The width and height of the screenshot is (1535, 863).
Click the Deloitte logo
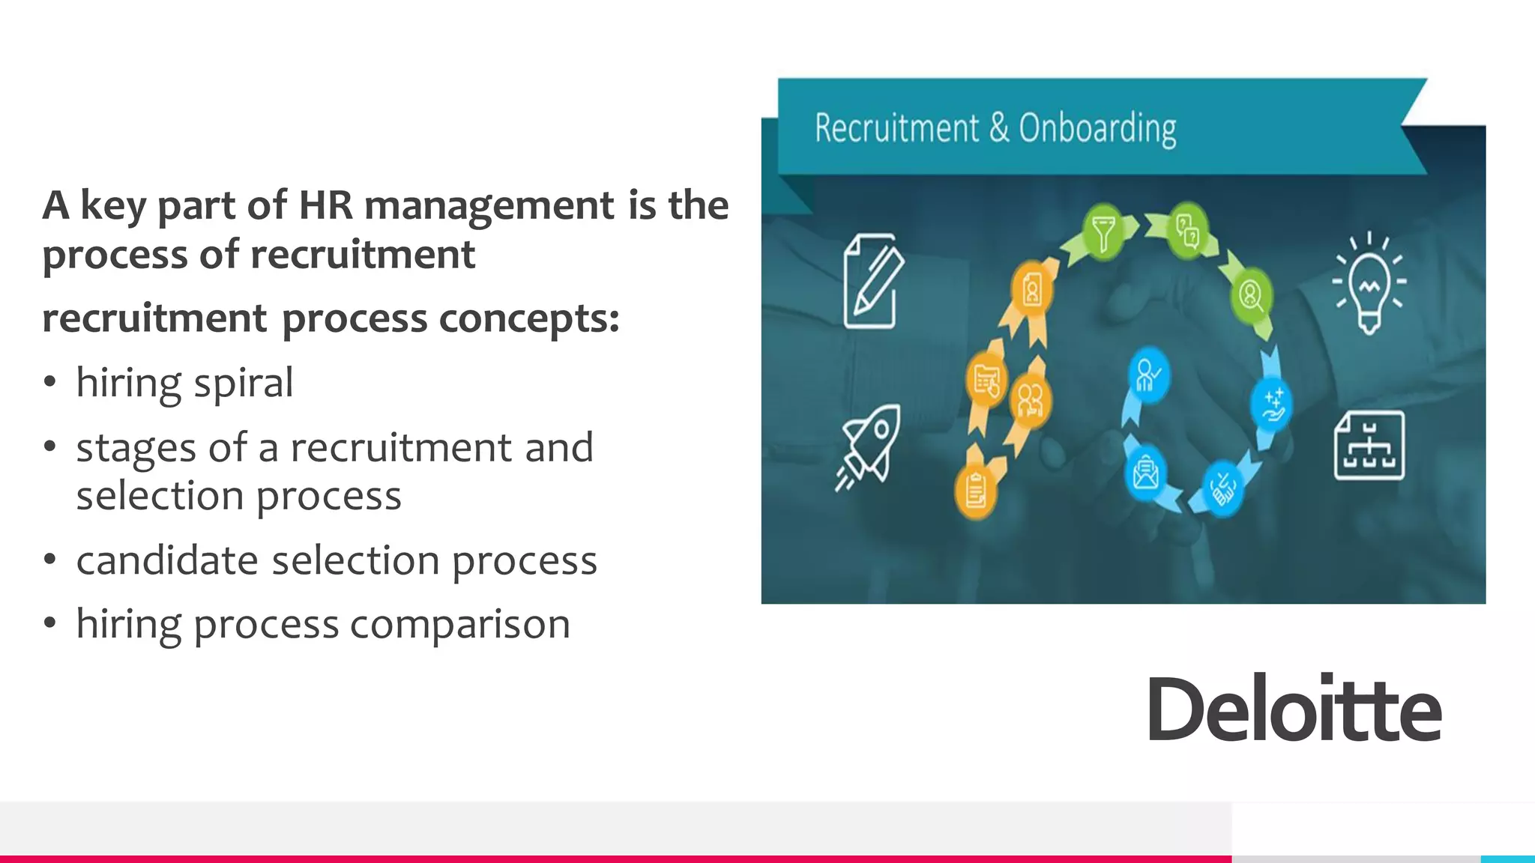(x=1294, y=708)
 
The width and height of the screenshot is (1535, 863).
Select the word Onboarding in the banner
(x=1097, y=129)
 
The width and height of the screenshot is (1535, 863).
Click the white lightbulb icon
(x=1369, y=282)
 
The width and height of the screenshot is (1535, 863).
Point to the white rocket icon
(x=869, y=446)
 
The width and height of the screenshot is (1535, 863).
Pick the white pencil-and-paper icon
(x=872, y=281)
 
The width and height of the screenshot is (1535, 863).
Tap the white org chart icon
(x=1369, y=445)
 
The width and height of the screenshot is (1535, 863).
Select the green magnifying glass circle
(x=1251, y=294)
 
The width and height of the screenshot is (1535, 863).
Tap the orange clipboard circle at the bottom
(x=976, y=491)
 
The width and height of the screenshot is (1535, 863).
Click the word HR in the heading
(x=325, y=205)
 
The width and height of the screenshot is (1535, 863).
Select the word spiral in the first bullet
(x=244, y=384)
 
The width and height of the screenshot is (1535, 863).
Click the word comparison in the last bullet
(x=459, y=625)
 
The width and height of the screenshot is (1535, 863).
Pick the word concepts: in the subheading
(x=529, y=318)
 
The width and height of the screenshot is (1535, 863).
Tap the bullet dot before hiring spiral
(x=50, y=382)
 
